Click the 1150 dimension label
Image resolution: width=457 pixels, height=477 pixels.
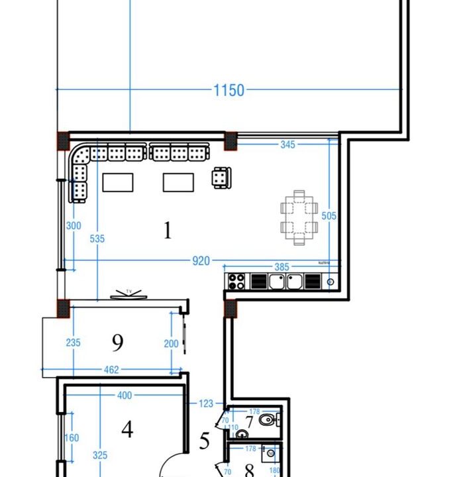tap(228, 90)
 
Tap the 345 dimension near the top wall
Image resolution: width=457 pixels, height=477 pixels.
tap(287, 144)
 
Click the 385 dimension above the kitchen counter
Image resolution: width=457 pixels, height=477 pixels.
tap(282, 268)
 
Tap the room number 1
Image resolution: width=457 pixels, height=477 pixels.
tap(168, 231)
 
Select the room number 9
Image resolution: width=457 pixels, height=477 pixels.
tap(118, 343)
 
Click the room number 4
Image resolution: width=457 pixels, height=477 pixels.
tap(127, 429)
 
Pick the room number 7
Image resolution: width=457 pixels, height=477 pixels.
tap(250, 421)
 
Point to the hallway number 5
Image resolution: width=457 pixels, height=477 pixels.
tap(205, 440)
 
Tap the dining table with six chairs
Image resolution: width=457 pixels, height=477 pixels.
tap(299, 218)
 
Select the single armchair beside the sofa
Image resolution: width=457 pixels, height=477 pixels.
tap(221, 178)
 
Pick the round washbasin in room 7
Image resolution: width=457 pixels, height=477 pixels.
tap(241, 434)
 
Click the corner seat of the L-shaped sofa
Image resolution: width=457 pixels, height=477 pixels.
tap(80, 156)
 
